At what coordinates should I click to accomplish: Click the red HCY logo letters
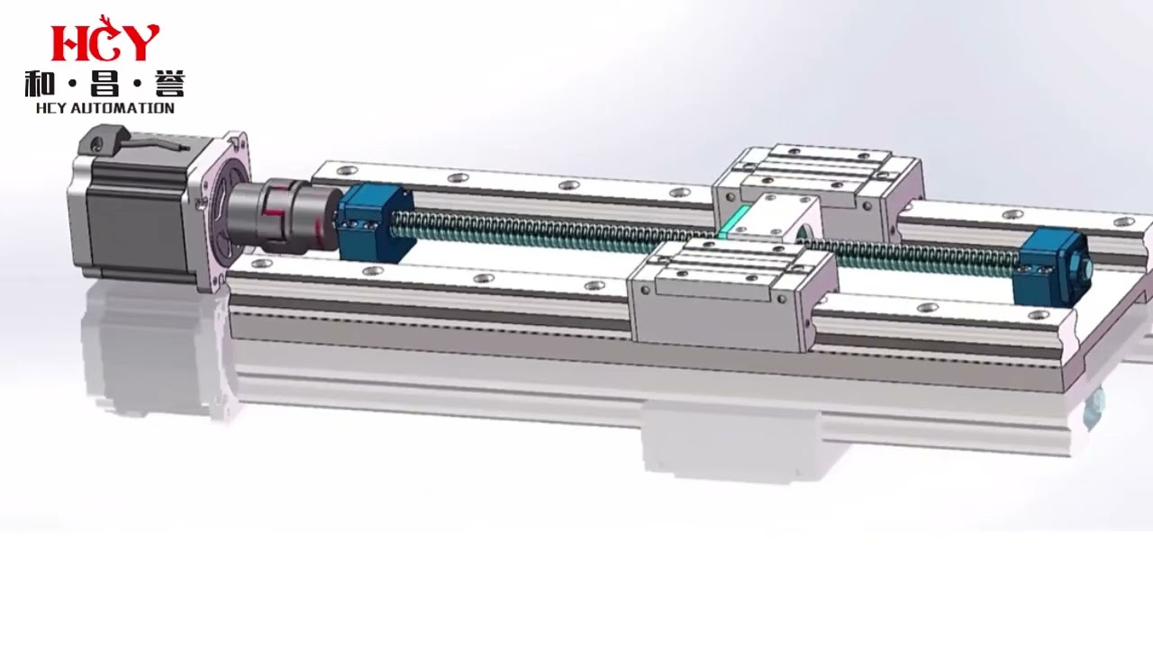tap(104, 41)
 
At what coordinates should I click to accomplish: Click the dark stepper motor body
tap(135, 216)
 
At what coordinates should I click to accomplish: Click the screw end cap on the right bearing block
tap(1086, 268)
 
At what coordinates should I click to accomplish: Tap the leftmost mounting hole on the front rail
tap(262, 264)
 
